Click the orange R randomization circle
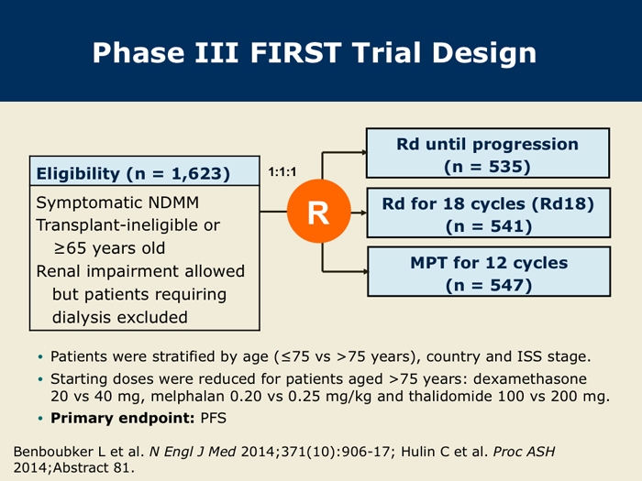[319, 212]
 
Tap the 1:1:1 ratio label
[282, 172]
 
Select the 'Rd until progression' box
[488, 153]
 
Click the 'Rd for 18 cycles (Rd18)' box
[489, 213]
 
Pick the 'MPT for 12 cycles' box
[489, 271]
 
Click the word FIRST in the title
[295, 53]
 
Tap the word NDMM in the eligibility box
[173, 202]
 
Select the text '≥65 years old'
[109, 248]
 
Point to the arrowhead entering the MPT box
[364, 271]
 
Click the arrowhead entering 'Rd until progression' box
[363, 153]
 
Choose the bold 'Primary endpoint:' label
[122, 418]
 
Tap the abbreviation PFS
[214, 418]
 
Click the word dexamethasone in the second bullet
[530, 378]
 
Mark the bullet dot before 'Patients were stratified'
[40, 357]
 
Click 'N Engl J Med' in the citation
[193, 452]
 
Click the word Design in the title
[484, 53]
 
